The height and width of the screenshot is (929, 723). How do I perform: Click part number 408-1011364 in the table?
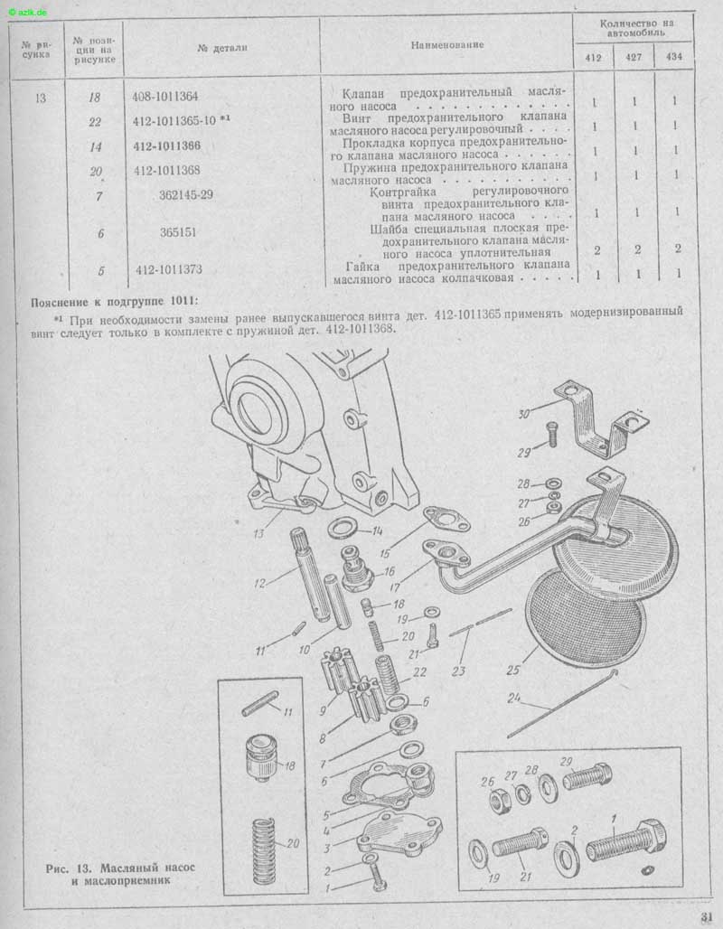(x=164, y=96)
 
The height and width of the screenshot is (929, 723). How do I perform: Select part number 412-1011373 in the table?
(x=169, y=269)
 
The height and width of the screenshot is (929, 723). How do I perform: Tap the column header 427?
(x=634, y=58)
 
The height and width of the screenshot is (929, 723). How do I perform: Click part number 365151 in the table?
(x=178, y=232)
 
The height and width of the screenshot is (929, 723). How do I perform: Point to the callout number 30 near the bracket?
(x=524, y=414)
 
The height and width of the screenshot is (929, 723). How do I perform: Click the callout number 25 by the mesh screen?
(x=513, y=670)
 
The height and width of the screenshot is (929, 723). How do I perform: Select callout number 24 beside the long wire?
(x=514, y=698)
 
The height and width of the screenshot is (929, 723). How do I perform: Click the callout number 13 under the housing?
(x=258, y=533)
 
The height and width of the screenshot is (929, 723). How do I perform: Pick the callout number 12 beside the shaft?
(x=259, y=583)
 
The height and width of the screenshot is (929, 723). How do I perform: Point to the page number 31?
(x=707, y=916)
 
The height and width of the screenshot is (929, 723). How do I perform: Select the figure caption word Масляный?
(x=127, y=868)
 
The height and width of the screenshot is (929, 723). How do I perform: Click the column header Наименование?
(x=446, y=44)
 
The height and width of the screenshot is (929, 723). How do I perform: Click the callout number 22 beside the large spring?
(x=419, y=671)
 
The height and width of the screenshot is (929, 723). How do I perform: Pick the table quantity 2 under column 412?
(x=596, y=250)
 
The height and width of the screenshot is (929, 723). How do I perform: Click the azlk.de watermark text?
(x=28, y=12)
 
